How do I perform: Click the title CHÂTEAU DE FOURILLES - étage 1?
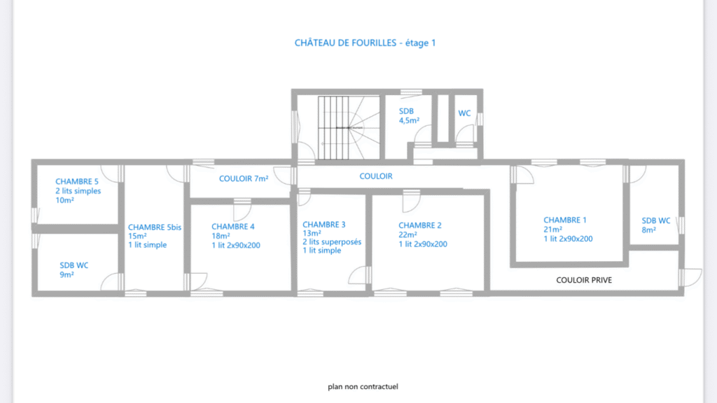coord(366,43)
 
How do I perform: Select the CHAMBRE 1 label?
coord(565,220)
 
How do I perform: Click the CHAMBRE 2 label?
coord(420,225)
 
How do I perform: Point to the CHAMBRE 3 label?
coord(324,225)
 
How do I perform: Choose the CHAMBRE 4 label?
coord(233,227)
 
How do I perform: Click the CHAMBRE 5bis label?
coord(155,227)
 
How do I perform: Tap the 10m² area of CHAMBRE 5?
coord(65,200)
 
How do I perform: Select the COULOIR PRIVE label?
coord(584,280)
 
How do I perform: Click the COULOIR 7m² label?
coord(244,179)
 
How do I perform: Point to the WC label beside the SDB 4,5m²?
coord(464,113)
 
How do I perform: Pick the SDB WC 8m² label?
coord(656,225)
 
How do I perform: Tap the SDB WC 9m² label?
coord(74,269)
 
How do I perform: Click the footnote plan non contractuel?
coord(363,386)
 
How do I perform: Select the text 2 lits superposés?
coord(332,242)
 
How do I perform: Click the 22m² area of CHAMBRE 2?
coord(408,235)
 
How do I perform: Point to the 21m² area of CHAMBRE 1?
coord(553,229)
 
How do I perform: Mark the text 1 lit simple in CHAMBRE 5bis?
coord(147,245)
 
